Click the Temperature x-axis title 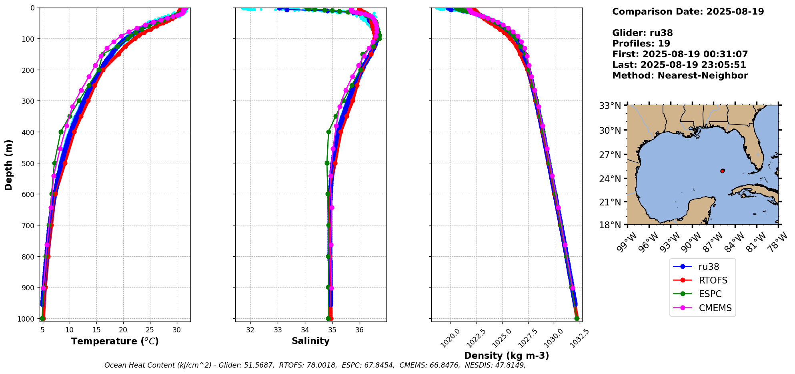click(115, 341)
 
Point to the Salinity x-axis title click(310, 341)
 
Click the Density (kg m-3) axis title click(506, 356)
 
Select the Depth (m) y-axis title click(9, 165)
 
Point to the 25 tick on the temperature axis click(150, 330)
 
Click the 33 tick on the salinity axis click(278, 330)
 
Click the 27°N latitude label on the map click(610, 155)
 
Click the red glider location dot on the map click(722, 171)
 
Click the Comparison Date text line click(688, 12)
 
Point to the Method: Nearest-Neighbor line click(680, 76)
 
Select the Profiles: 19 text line click(641, 44)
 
